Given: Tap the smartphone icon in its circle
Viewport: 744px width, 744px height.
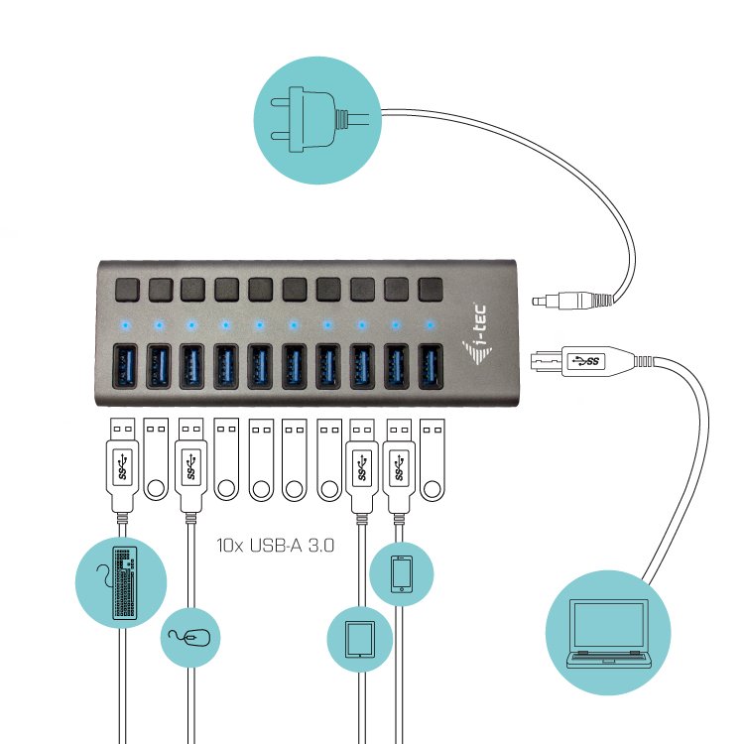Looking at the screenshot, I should pos(402,574).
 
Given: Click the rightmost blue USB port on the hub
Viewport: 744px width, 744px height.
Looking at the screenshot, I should pos(430,367).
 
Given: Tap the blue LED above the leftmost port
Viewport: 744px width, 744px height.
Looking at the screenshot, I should pos(124,322).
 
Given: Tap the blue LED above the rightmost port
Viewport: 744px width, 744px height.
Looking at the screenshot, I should pos(430,322).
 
